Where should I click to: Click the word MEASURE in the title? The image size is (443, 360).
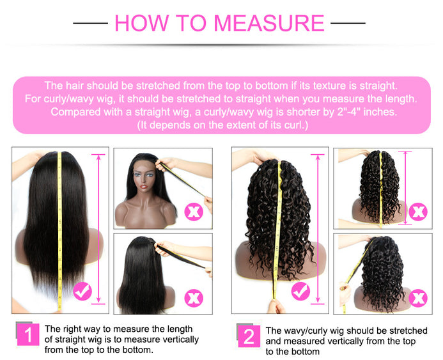268,23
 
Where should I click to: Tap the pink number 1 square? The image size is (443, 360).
28,334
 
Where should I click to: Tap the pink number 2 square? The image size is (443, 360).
249,336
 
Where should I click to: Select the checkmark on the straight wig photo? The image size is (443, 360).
82,291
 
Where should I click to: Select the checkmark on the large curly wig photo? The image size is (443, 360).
300,291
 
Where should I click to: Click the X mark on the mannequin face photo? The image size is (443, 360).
194,212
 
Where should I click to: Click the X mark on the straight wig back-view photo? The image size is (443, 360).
194,298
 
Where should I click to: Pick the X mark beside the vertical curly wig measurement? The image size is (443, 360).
418,212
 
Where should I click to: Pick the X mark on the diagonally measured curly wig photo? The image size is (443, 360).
418,298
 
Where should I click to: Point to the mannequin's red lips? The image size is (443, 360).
144,187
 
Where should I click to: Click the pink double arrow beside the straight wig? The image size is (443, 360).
98,229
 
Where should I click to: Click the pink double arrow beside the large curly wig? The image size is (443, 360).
318,229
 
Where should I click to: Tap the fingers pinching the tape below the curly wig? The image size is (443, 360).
276,306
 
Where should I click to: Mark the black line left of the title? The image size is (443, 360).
90,23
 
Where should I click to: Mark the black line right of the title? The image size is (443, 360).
348,23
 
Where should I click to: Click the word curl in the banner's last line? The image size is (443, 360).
295,125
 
